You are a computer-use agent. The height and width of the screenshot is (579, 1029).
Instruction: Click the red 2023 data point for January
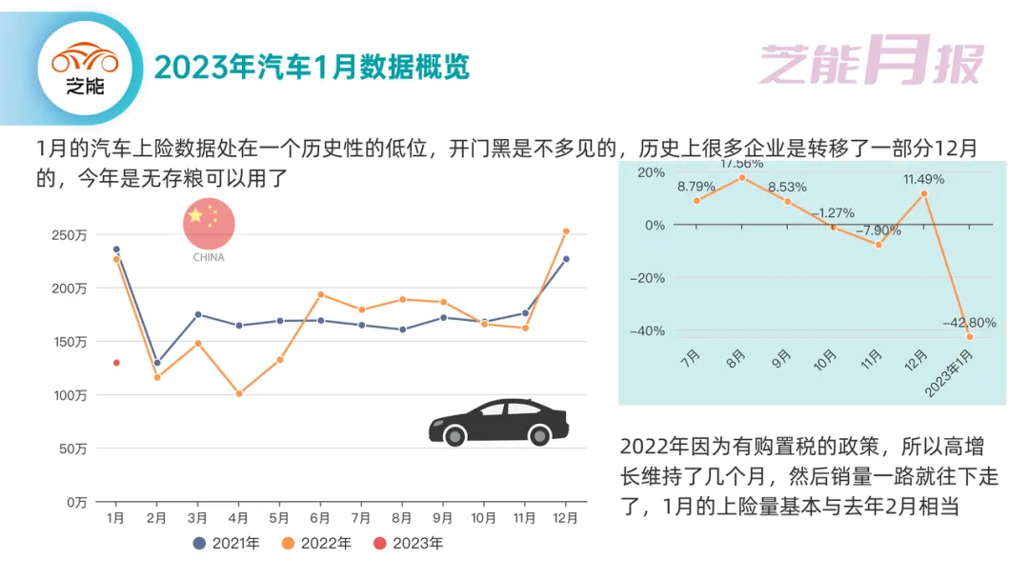[x=116, y=363]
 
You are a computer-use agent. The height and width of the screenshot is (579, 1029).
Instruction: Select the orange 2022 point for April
[x=239, y=394]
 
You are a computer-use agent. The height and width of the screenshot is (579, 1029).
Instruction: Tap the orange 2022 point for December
[x=566, y=231]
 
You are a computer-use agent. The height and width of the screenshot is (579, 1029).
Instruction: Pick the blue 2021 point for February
[x=157, y=363]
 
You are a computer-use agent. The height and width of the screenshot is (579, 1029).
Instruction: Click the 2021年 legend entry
[x=227, y=543]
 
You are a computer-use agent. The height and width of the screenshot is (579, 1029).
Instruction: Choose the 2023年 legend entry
[x=408, y=543]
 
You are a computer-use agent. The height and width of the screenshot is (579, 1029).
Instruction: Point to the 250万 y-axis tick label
[x=69, y=235]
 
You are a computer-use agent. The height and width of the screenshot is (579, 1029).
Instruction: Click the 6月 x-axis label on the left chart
[x=319, y=518]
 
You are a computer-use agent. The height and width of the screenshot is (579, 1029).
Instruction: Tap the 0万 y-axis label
[x=76, y=502]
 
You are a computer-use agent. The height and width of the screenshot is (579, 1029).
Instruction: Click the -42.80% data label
[x=969, y=323]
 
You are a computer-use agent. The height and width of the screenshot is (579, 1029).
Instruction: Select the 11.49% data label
[x=923, y=179]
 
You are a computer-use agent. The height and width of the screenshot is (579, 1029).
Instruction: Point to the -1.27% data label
[x=833, y=213]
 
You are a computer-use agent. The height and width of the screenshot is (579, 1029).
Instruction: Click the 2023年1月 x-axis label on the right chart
[x=949, y=373]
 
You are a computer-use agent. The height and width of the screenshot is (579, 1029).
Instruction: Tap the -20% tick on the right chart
[x=647, y=278]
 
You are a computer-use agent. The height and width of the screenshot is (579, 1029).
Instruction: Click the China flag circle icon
[x=209, y=224]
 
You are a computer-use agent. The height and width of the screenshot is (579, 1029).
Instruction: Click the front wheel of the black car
[x=454, y=435]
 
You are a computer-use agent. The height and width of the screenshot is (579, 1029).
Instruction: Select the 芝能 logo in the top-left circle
[x=86, y=69]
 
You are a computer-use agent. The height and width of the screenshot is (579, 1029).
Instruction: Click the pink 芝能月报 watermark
[x=871, y=60]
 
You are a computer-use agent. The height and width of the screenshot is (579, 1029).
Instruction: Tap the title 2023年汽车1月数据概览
[x=312, y=67]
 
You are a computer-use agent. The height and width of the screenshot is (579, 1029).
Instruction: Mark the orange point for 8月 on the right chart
[x=742, y=178]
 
